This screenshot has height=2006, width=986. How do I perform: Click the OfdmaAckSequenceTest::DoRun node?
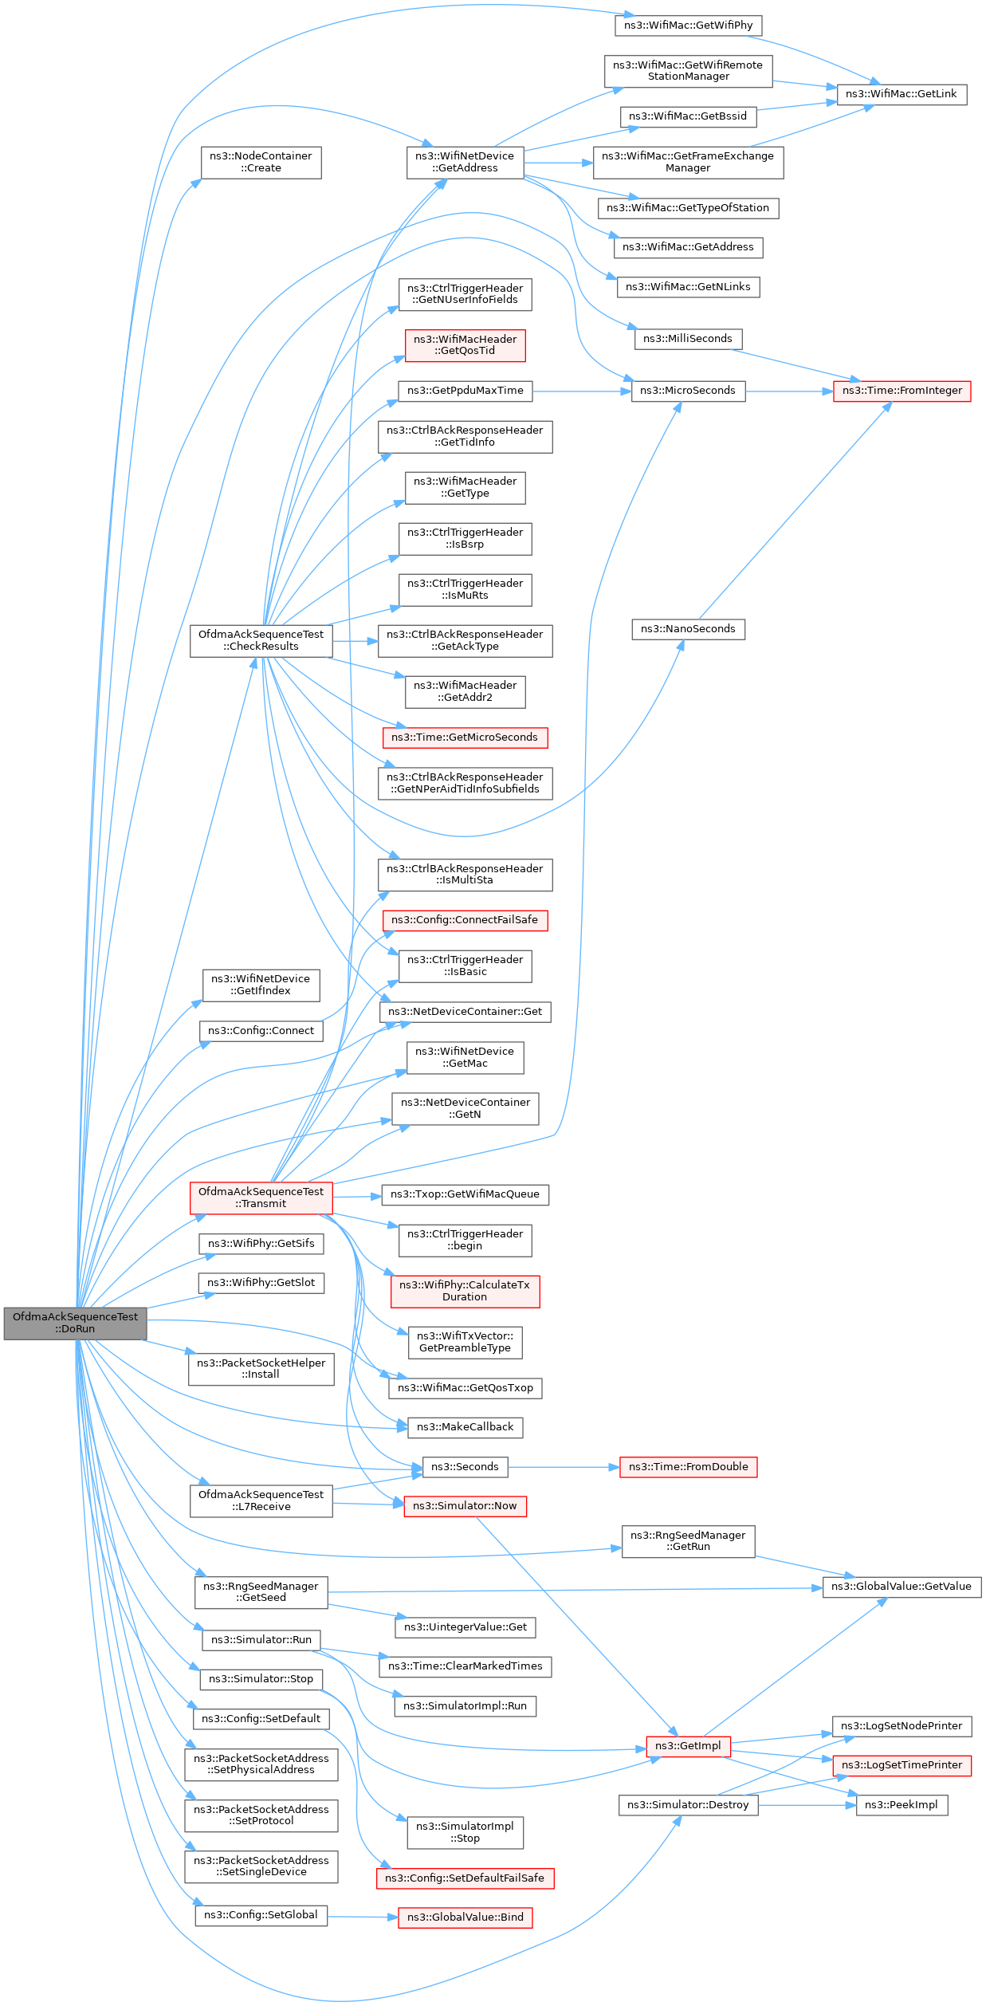75,1323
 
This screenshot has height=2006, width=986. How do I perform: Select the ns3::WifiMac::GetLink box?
901,94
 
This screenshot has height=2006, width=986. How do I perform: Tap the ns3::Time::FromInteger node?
902,391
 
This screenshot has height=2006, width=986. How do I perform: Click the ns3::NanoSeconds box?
688,629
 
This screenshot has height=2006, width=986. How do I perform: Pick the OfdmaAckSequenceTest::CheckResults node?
261,640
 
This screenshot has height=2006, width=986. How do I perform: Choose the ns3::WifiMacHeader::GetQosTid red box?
465,345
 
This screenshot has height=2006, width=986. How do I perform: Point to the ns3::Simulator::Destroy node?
688,1805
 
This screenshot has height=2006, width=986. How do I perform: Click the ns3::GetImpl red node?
688,1746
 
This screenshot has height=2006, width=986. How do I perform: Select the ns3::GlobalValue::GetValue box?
901,1587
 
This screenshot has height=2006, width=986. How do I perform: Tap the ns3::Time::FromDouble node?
688,1467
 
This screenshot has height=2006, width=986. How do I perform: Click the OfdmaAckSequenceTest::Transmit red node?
261,1198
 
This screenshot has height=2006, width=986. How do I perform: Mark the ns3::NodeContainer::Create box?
261,162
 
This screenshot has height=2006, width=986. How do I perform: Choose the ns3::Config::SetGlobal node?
261,1915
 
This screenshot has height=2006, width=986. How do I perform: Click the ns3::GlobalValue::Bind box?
465,1917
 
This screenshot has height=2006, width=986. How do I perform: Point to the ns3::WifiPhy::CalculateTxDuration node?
465,1291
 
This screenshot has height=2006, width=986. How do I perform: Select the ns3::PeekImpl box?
901,1805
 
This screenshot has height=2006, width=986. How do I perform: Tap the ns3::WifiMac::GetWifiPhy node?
688,26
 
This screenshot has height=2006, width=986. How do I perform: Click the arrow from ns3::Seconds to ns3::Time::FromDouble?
564,1467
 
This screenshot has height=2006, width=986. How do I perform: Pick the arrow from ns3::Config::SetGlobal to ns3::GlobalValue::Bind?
363,1917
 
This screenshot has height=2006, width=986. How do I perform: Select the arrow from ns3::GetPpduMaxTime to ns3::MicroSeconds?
582,391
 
